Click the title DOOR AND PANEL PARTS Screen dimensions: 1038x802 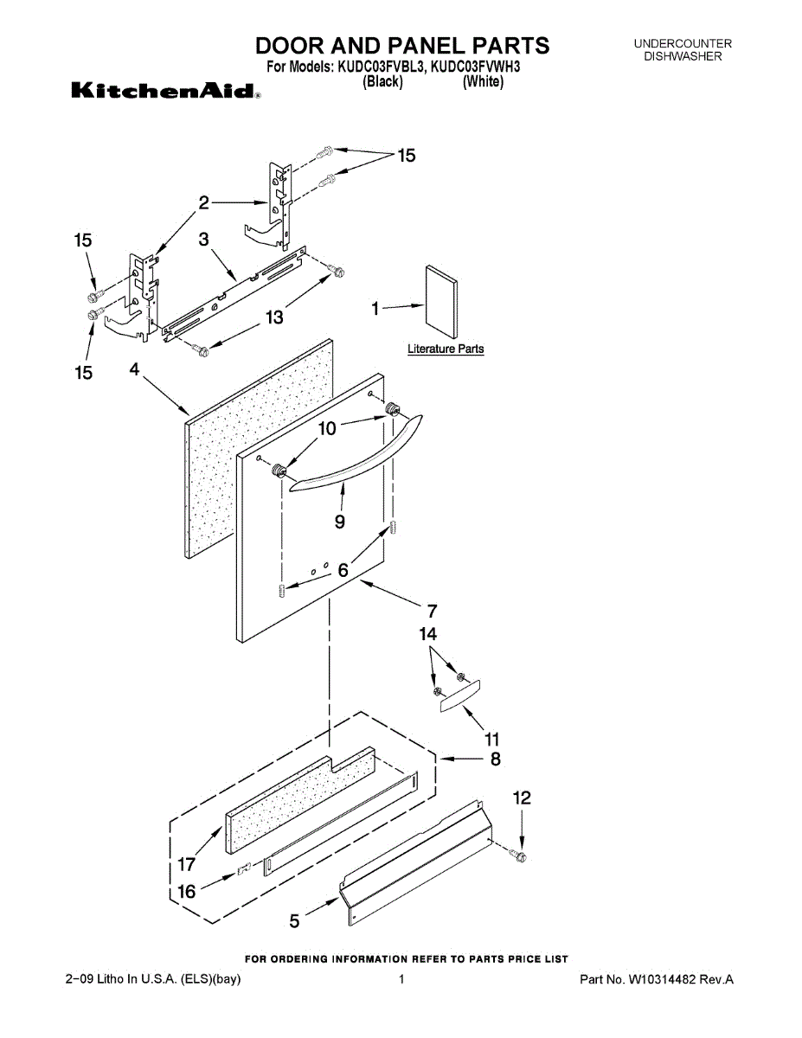point(401,45)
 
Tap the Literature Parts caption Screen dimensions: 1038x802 point(446,349)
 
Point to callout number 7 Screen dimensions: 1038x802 point(433,611)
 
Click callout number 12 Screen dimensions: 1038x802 point(522,798)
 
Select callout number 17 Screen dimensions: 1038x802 point(187,862)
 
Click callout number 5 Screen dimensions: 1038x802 point(295,922)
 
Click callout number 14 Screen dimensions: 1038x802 point(428,634)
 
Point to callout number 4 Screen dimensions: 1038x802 point(135,369)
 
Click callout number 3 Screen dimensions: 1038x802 point(203,240)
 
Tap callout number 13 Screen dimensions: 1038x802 point(273,318)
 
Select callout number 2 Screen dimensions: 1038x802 point(204,203)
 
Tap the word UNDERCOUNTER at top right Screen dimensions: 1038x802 point(683,43)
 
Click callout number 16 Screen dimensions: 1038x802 point(187,892)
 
